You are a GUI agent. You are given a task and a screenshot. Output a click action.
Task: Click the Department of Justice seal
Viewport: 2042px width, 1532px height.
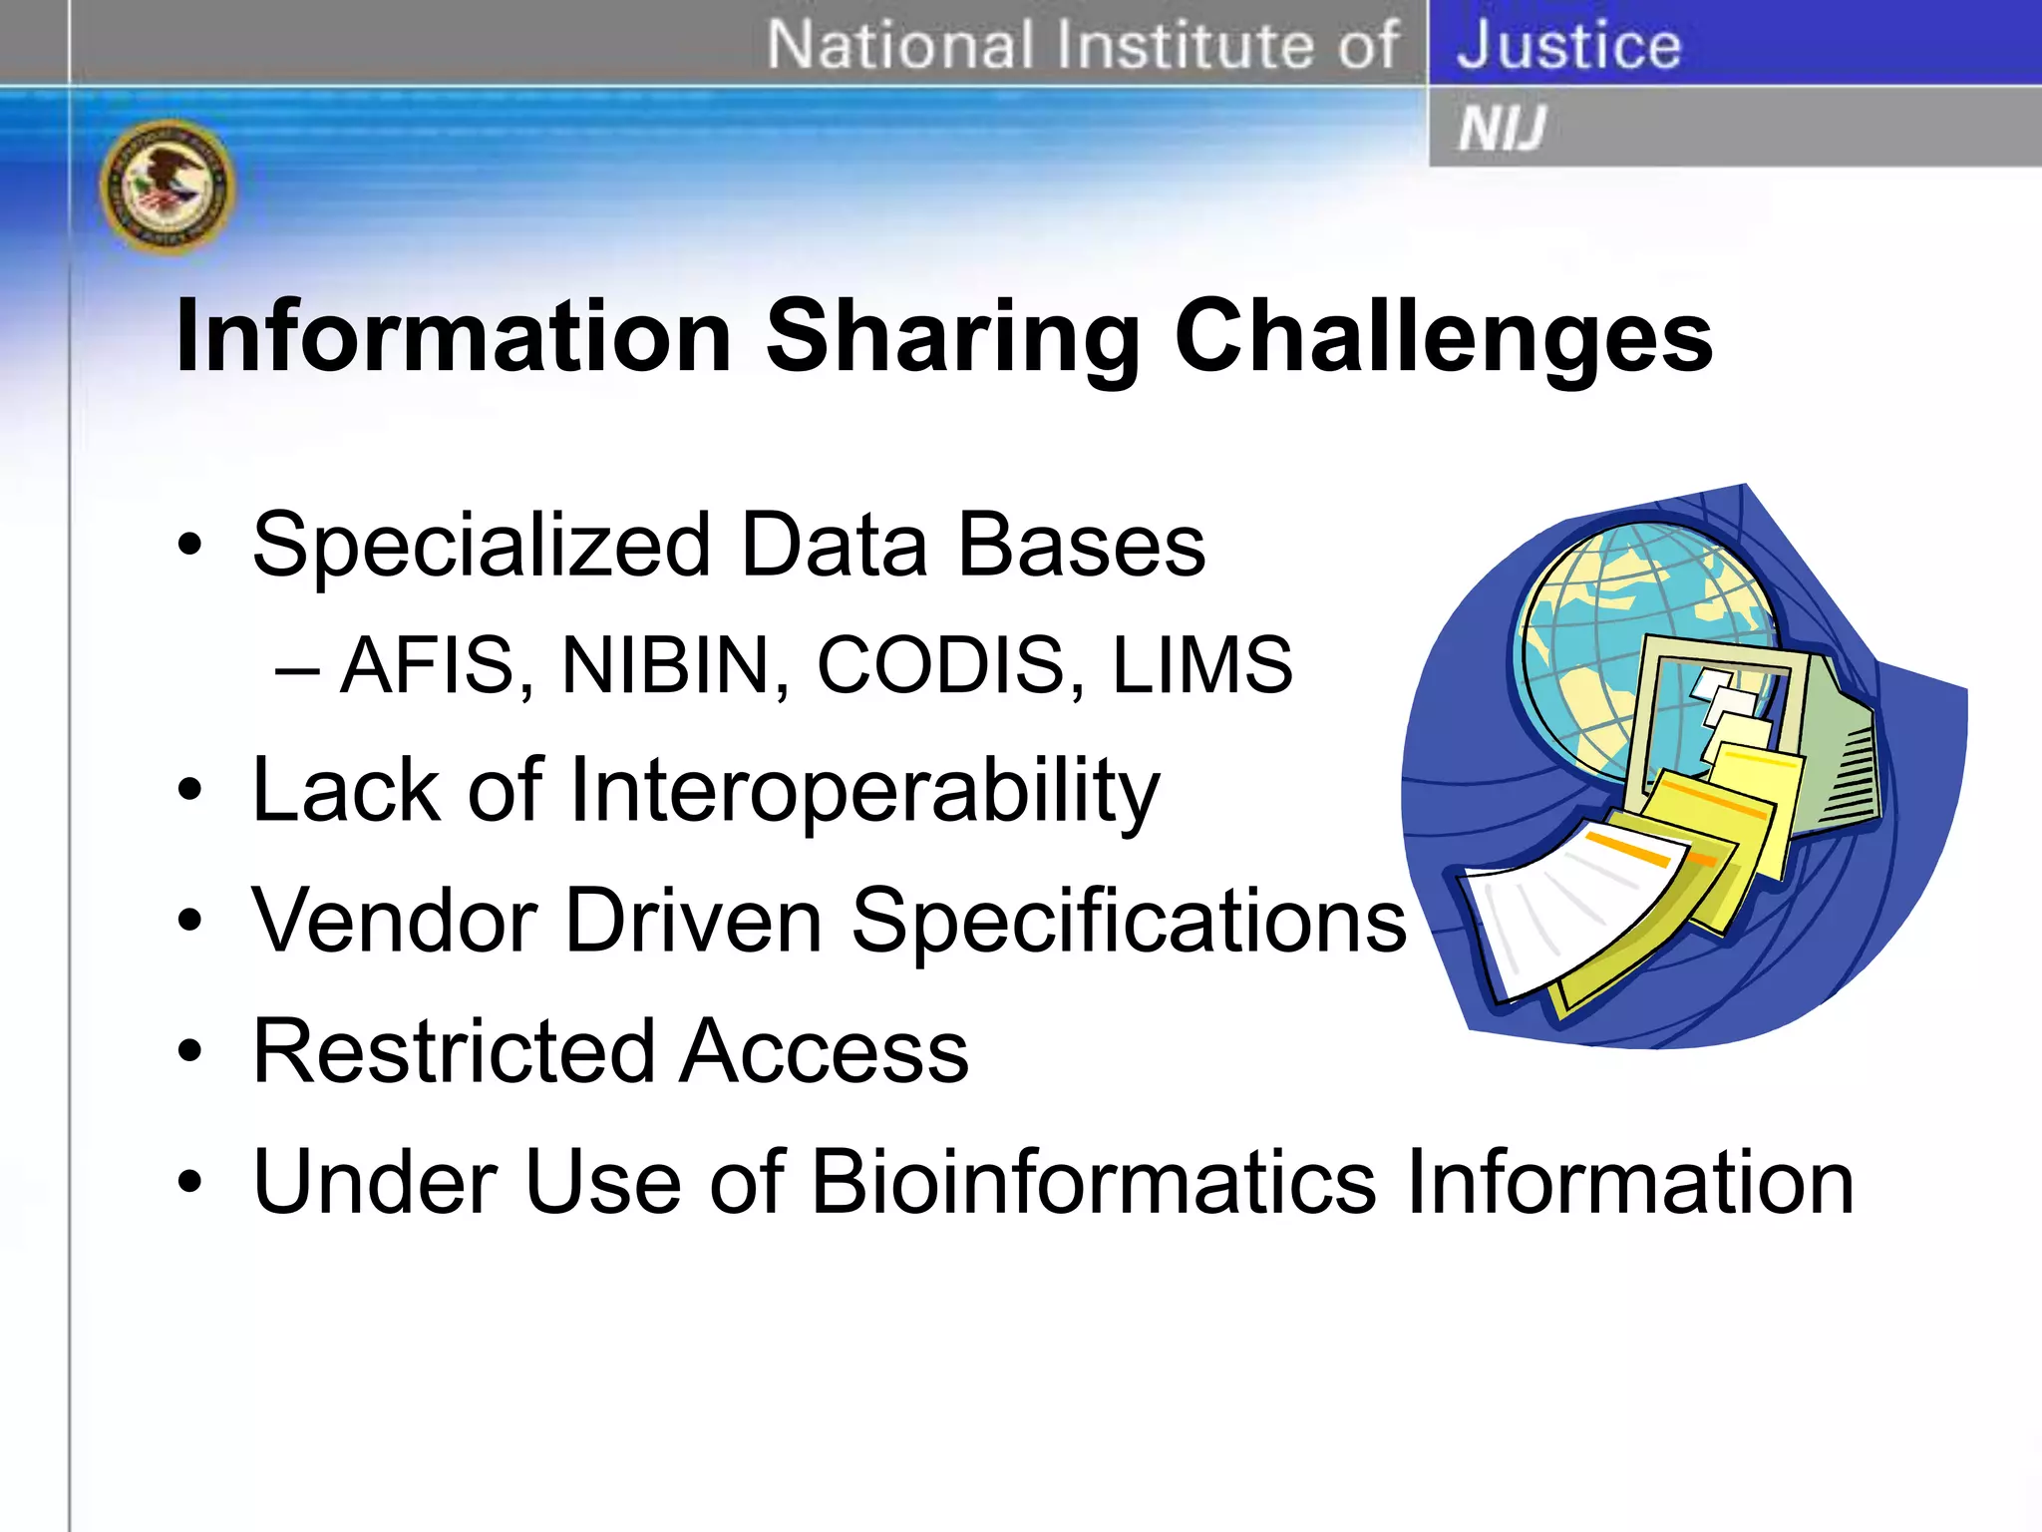coord(168,187)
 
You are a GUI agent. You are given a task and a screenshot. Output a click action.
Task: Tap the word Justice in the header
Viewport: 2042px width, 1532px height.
coord(1568,45)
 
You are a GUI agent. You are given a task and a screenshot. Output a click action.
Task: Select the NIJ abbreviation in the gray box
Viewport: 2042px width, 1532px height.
coord(1502,129)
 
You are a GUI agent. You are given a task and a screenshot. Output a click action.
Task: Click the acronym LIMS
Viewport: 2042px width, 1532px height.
coord(1201,665)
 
